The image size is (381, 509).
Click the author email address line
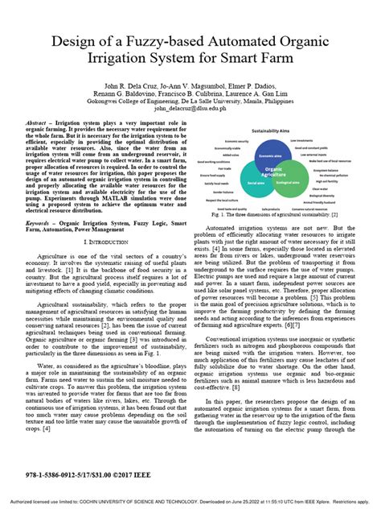[x=190, y=106]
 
